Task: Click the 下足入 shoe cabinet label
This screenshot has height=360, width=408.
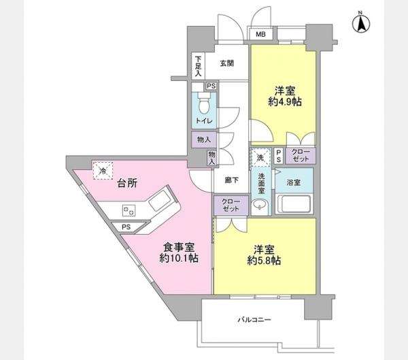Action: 197,65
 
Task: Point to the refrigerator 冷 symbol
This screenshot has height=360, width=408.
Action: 103,171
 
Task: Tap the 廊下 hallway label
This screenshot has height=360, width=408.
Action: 231,180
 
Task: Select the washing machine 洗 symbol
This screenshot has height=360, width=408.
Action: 260,157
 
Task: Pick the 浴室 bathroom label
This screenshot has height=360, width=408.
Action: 294,182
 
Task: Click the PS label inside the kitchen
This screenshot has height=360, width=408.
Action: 126,227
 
